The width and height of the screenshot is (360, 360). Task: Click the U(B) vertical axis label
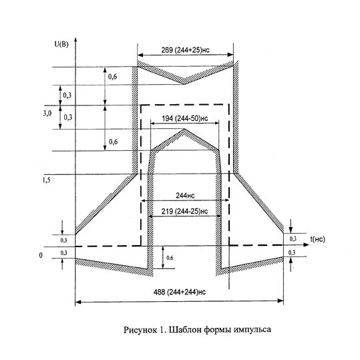pos(61,44)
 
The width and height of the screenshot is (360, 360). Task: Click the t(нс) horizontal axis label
pos(318,239)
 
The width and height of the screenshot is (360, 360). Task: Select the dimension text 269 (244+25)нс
pos(185,50)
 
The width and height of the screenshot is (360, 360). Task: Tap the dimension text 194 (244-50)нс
pos(185,118)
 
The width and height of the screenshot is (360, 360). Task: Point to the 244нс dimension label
pos(185,196)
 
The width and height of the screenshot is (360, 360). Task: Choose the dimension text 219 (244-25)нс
pos(184,211)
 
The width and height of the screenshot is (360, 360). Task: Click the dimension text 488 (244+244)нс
pos(180,292)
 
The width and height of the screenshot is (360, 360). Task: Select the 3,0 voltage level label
pos(47,113)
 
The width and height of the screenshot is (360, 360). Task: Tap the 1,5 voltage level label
pos(46,180)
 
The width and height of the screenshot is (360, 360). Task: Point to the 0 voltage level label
pos(41,255)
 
